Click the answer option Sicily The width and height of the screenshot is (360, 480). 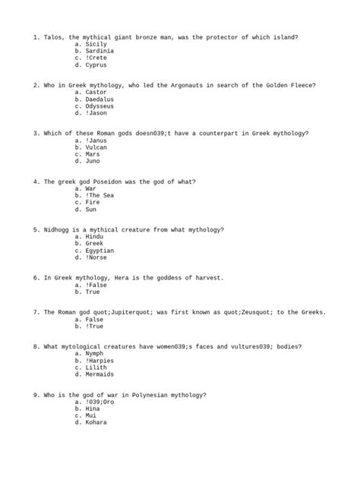click(x=96, y=44)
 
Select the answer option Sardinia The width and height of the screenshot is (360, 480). click(x=100, y=51)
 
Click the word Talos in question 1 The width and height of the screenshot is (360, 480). click(x=54, y=36)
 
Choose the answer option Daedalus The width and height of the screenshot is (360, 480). click(x=100, y=99)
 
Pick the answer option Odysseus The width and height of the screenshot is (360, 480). click(x=100, y=106)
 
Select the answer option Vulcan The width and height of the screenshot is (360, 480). click(x=96, y=147)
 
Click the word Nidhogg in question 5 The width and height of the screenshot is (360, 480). click(x=58, y=229)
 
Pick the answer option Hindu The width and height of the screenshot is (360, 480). click(x=95, y=237)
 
